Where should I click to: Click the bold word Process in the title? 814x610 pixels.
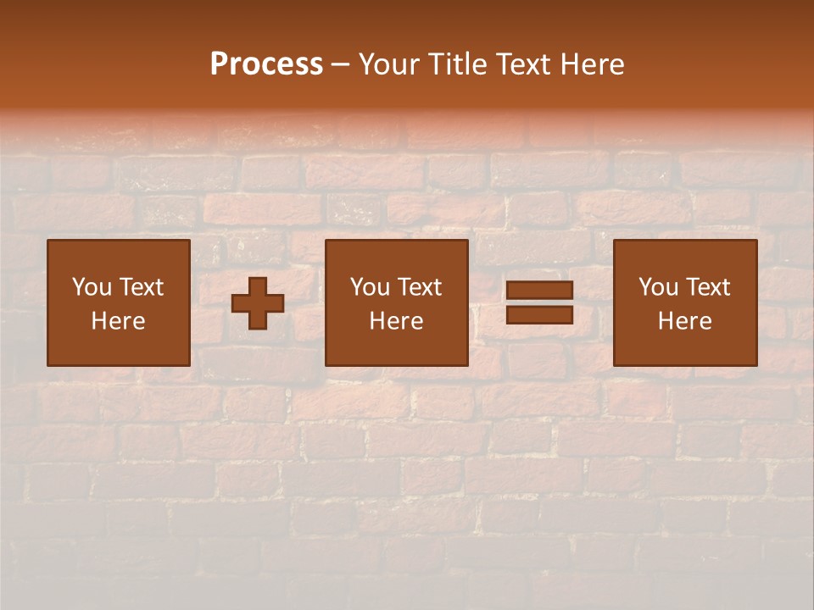coord(266,64)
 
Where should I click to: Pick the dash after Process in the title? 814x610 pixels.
coord(340,65)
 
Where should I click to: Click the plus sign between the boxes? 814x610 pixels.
coord(258,303)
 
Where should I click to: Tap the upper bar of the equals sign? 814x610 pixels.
coord(539,291)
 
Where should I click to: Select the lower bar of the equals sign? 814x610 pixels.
coord(539,315)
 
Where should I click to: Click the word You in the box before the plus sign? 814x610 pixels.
coord(92,287)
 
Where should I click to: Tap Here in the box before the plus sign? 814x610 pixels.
coord(118,321)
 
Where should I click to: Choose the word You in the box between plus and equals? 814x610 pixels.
coord(370,287)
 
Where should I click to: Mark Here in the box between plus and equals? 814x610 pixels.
coord(396,321)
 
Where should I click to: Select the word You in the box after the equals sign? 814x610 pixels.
coord(658,287)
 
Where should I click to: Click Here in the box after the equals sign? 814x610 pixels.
coord(684,321)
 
